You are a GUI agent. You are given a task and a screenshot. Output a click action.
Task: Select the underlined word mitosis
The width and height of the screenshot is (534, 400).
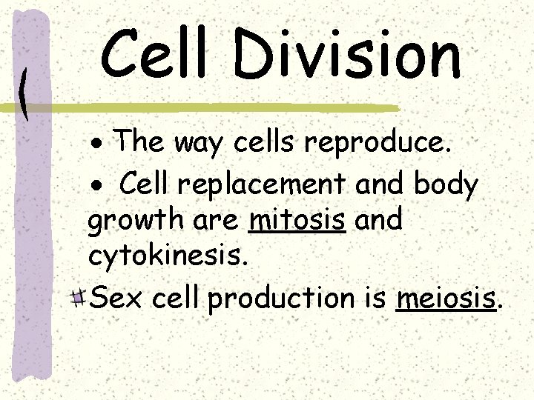point(298,220)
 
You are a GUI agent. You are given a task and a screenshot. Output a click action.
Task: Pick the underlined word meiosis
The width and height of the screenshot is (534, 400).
point(446,298)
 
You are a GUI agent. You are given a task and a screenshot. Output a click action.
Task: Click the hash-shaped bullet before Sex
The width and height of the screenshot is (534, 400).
point(81,298)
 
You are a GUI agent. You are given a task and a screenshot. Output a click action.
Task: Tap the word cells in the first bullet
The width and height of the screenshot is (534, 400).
point(268,141)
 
